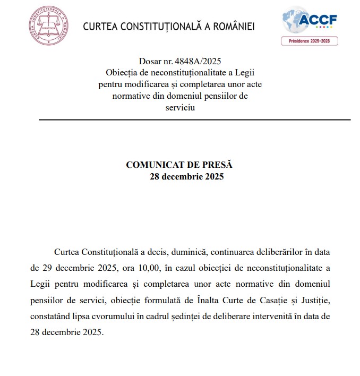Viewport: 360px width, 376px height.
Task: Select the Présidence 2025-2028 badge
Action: tap(310, 41)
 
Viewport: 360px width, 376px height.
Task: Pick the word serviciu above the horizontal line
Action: tap(180, 107)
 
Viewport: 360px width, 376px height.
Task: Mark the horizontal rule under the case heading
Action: tap(194, 120)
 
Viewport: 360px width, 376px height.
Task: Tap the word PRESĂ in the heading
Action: tap(218, 165)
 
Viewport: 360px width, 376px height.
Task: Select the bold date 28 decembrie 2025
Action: tap(186, 177)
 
